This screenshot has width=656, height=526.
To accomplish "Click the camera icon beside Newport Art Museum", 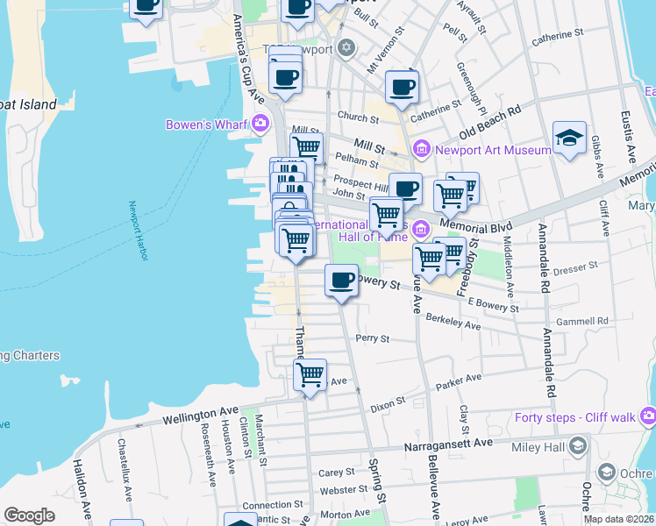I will coord(420,149).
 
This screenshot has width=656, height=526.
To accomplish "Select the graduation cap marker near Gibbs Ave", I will coord(569,139).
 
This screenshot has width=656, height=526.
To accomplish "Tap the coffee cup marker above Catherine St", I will coord(402,88).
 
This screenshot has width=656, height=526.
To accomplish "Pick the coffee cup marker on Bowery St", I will coord(341,281).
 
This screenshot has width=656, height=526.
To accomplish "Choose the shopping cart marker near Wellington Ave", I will coord(310,375).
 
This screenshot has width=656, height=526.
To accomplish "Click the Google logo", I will coord(29,515).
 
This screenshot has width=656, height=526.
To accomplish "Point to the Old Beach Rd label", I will coord(490,123).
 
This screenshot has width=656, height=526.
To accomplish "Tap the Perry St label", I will coord(372,338).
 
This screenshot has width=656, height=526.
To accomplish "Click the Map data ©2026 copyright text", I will coord(619,519).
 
